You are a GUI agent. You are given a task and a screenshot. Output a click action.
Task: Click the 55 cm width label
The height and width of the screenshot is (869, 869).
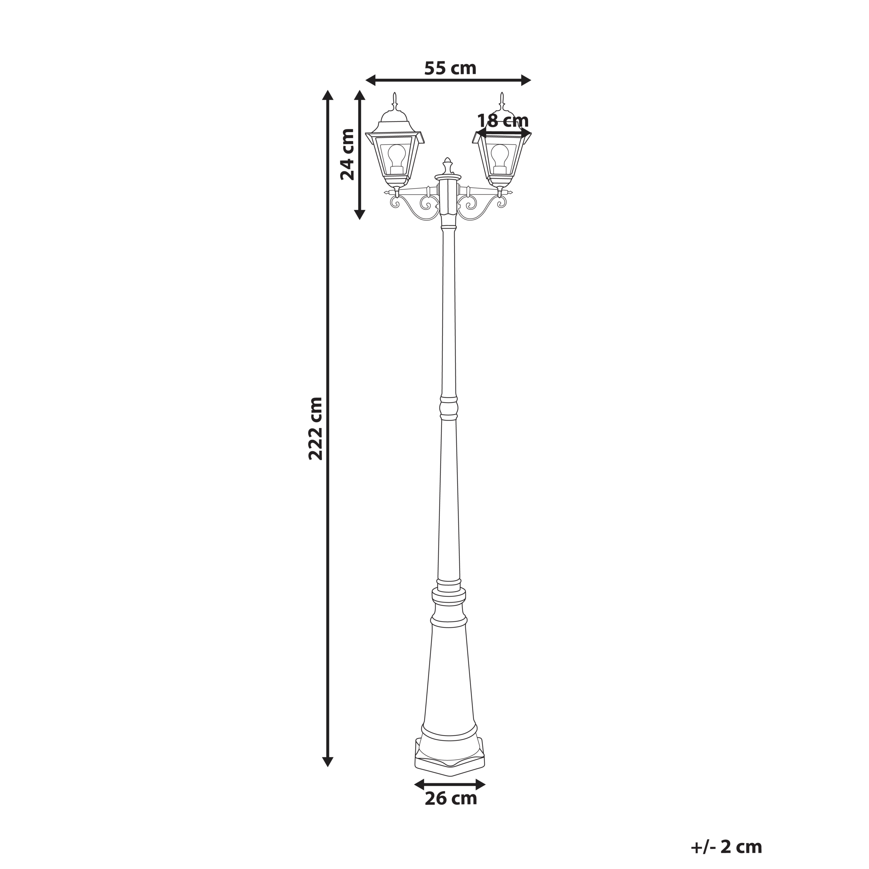click(450, 68)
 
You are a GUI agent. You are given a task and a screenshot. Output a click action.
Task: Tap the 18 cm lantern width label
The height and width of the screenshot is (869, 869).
click(502, 121)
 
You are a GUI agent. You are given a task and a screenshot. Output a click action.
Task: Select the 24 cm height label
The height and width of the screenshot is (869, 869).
click(347, 154)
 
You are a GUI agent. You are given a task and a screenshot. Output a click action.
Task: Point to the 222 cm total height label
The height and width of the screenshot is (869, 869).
click(316, 429)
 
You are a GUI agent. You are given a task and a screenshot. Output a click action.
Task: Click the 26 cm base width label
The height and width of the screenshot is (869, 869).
click(451, 811)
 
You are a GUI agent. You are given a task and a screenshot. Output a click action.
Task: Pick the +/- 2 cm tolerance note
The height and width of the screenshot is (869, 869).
click(726, 847)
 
